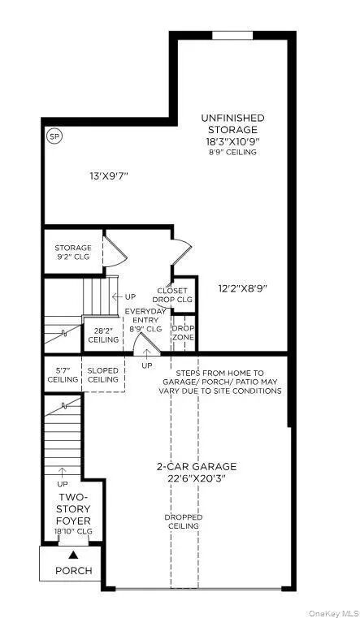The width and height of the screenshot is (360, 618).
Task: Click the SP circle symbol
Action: pos(54,136)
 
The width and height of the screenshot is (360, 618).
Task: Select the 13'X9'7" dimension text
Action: pos(109,175)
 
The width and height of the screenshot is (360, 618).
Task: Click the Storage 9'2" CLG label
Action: pos(73,252)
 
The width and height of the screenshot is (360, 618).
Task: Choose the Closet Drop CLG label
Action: pos(172,295)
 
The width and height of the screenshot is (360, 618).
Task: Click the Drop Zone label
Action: pos(184,333)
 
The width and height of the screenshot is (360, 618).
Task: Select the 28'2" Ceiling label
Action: pos(102,334)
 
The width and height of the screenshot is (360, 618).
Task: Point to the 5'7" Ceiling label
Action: pos(62,374)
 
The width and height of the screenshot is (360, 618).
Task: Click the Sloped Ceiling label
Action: pos(103,374)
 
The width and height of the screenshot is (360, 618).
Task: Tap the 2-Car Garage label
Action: pos(197,472)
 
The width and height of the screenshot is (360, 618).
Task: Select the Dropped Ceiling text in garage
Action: pos(184,521)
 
